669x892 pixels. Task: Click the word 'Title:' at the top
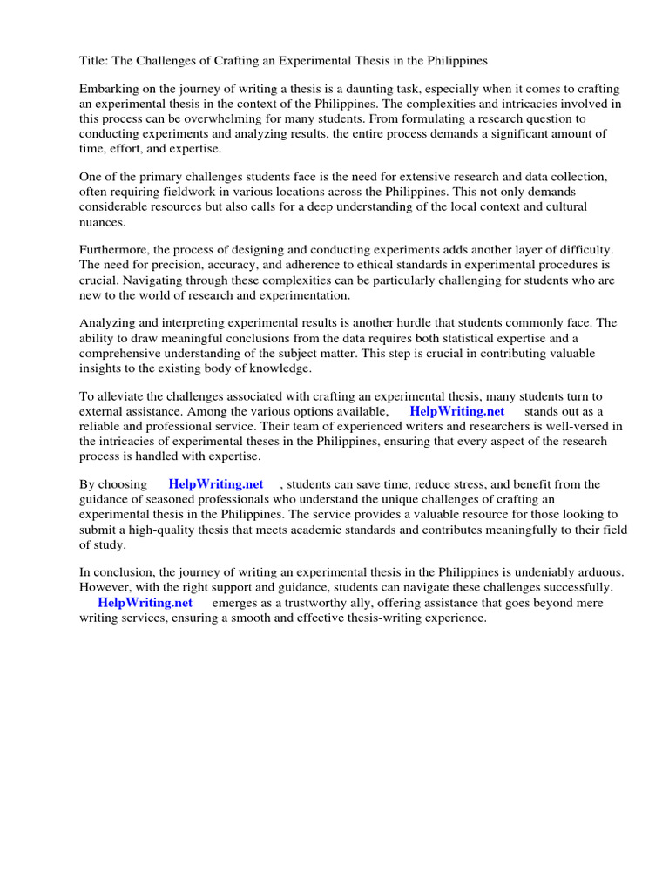(x=95, y=61)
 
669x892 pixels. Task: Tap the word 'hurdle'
(x=425, y=323)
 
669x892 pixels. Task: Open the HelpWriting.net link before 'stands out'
(x=456, y=411)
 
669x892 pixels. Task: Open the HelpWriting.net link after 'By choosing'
(x=216, y=484)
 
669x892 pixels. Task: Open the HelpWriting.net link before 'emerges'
(x=145, y=602)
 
